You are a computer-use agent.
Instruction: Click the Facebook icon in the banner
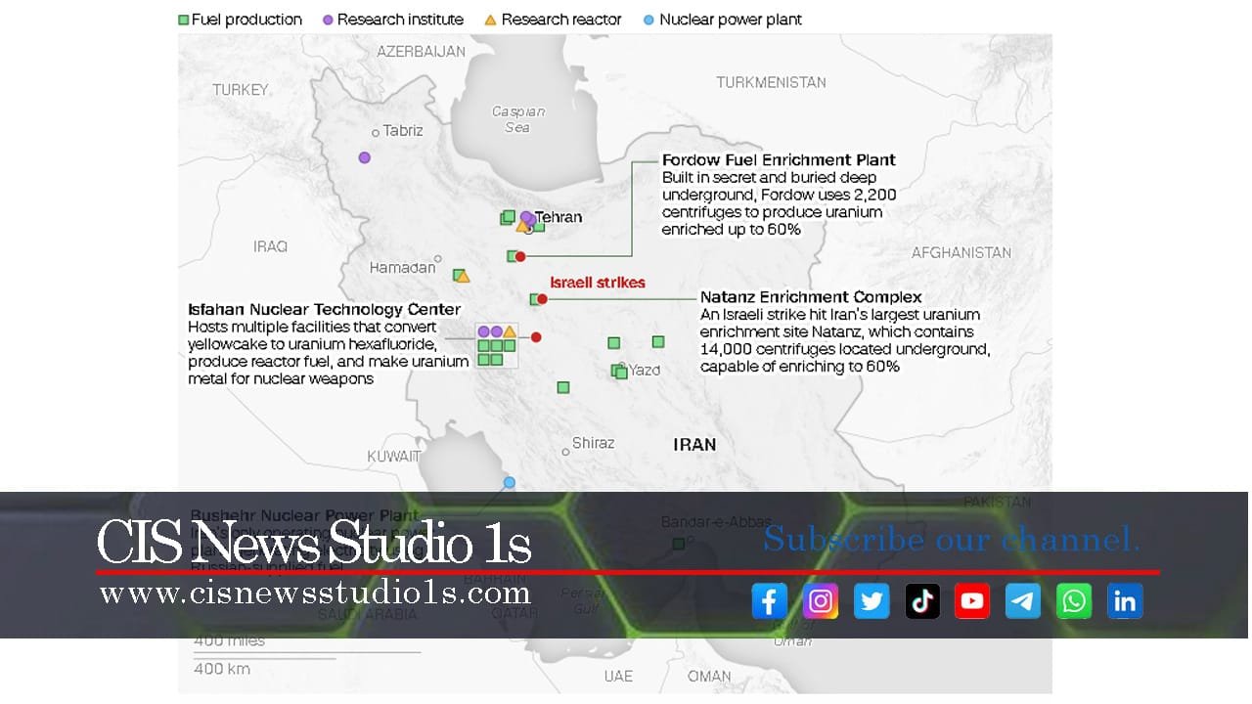769,601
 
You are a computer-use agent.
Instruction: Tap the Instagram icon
820,601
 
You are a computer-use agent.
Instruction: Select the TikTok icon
921,601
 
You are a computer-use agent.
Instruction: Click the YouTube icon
972,601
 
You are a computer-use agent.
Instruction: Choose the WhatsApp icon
1074,601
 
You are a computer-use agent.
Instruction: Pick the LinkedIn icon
1125,601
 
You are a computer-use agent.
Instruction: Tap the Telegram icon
1023,601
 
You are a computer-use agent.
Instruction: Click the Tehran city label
559,217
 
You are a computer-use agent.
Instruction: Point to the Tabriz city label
403,130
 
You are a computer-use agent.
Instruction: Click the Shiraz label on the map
593,443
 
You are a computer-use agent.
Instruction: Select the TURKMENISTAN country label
771,83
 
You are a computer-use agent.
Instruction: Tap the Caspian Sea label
517,119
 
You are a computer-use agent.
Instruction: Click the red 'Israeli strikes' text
597,283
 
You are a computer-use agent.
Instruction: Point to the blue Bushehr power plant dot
509,482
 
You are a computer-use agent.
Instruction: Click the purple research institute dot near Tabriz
365,157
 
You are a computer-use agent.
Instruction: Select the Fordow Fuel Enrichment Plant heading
779,160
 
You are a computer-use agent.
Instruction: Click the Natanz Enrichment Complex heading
811,297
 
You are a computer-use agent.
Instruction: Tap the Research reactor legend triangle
490,20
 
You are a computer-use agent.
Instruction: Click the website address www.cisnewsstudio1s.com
315,593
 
